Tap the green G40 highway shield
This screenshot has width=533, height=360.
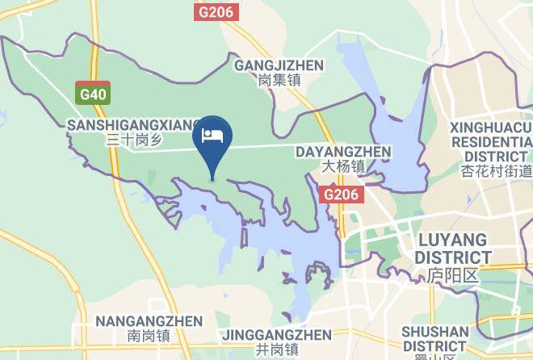(x=92, y=94)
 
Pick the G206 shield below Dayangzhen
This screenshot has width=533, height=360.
(x=342, y=195)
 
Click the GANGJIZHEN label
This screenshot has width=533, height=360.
(x=279, y=65)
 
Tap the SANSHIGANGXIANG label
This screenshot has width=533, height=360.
(x=133, y=125)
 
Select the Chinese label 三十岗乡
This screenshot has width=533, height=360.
(x=133, y=140)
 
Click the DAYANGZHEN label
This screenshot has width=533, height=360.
(x=344, y=152)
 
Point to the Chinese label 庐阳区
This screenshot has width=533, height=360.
(x=453, y=274)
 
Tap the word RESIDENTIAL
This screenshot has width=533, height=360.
(x=491, y=141)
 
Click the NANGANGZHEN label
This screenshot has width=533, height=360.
(x=149, y=321)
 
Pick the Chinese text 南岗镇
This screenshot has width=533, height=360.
(x=149, y=336)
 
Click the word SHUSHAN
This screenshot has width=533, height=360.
(x=434, y=331)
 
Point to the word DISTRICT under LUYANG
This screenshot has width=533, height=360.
(x=453, y=257)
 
